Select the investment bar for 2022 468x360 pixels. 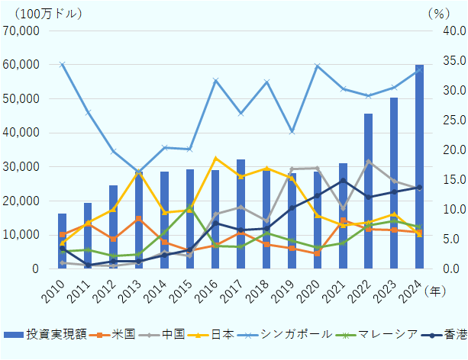(369, 191)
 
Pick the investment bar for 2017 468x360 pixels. (240, 214)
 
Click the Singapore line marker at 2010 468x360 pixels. (62, 64)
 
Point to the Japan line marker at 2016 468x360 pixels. (215, 158)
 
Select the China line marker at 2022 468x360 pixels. (369, 161)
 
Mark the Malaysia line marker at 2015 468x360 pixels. (189, 207)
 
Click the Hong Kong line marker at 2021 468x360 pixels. (344, 180)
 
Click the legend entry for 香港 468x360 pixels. (447, 334)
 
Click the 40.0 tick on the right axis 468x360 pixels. (451, 31)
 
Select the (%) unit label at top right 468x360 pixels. (439, 13)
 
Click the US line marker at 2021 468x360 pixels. (344, 220)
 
